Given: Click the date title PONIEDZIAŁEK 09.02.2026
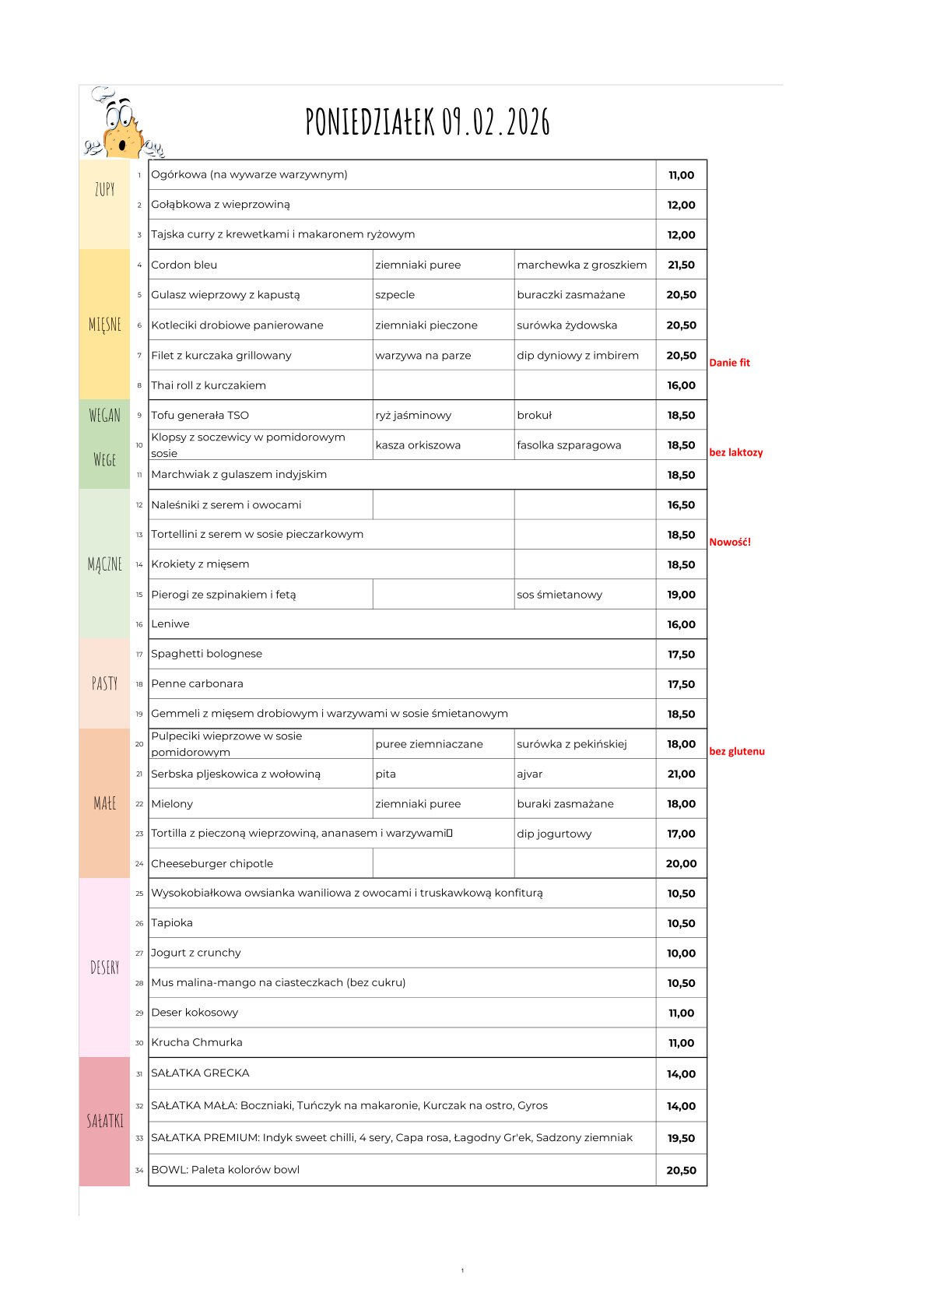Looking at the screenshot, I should (427, 122).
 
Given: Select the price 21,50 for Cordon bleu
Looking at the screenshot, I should (681, 265).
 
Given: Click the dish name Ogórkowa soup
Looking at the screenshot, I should (249, 174).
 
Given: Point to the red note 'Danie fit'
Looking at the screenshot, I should (729, 363).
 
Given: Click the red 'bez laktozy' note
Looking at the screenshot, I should (735, 452).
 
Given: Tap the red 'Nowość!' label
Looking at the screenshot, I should (730, 542).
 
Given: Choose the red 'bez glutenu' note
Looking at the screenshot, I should (736, 751).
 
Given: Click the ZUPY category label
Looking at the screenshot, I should (105, 189).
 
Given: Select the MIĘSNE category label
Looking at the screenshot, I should (105, 325).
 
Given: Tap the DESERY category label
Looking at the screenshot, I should (105, 968).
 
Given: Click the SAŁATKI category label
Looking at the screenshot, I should (105, 1121).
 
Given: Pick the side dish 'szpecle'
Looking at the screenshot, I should (395, 295).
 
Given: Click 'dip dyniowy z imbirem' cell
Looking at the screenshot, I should (577, 356).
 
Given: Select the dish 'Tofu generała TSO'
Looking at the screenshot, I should (200, 416).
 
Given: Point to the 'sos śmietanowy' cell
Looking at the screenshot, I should (559, 595).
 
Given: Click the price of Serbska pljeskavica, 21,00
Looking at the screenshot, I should (681, 774).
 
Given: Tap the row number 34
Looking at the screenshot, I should (139, 1170).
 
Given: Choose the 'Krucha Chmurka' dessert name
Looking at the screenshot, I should (197, 1042).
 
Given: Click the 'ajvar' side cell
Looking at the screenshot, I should (530, 774).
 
